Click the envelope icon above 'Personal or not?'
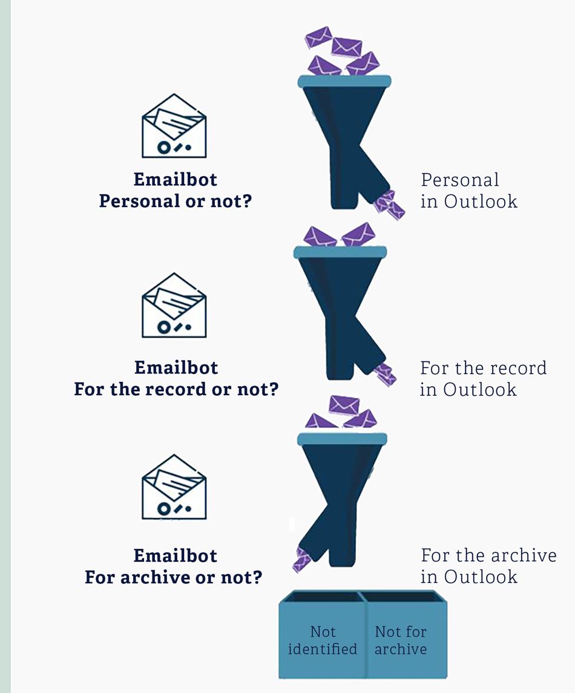point(174,126)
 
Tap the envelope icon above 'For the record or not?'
point(174,306)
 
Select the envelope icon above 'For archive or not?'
point(174,487)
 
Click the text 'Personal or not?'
point(175,201)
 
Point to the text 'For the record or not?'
point(176,389)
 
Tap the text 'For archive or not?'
point(174,577)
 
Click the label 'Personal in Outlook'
point(468,190)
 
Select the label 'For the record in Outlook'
point(482,378)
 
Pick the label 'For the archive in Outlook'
point(488,566)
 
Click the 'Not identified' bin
point(323,640)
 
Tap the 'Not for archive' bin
point(401,640)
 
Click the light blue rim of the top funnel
point(344,81)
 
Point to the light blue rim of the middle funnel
point(340,252)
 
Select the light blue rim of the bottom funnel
point(342,439)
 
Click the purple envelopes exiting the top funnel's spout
point(389,206)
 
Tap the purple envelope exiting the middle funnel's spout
point(385,374)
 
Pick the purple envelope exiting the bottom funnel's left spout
point(301,559)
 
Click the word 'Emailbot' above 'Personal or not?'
point(175,179)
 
